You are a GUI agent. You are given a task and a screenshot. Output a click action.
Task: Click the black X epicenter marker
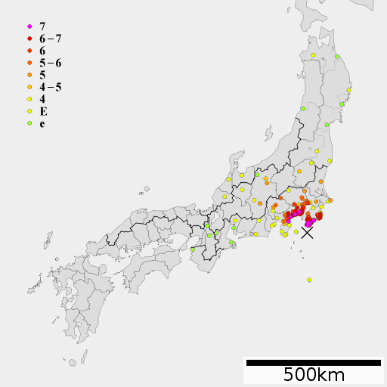[308, 233]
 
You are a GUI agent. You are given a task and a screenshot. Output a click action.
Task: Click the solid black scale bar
[314, 363]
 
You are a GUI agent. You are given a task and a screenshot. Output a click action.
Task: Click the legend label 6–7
[51, 39]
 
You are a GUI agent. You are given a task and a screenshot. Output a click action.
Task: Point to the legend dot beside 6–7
[29, 39]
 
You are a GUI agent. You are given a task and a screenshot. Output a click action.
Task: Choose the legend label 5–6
[51, 63]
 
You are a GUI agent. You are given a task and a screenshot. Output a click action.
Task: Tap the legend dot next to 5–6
[29, 63]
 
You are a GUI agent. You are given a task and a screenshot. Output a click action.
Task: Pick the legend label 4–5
[51, 87]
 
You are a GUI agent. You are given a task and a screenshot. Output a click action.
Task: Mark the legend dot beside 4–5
[29, 87]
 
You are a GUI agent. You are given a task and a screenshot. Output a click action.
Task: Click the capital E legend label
[43, 111]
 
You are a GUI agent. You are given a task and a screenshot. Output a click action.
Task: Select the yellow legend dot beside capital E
[29, 111]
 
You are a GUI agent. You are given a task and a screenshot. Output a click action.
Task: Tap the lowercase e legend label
[42, 124]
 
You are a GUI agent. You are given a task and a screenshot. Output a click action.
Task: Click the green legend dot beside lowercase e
[29, 123]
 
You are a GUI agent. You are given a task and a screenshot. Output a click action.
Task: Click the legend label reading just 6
[42, 51]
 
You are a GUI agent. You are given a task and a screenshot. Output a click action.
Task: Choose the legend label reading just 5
[42, 75]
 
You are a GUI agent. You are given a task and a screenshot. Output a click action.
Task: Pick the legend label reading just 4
[42, 99]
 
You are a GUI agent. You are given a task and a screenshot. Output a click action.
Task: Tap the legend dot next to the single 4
[29, 99]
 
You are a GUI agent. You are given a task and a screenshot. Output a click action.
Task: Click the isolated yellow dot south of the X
[309, 280]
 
